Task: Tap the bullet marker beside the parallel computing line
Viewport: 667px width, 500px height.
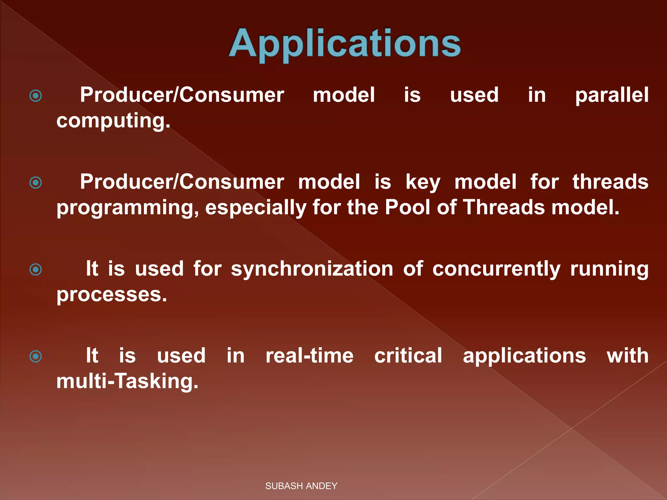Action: click(35, 96)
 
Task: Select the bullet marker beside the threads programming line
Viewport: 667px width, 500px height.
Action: click(35, 183)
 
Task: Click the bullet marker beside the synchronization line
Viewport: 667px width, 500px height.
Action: click(35, 270)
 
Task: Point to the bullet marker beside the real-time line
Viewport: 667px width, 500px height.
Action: click(35, 356)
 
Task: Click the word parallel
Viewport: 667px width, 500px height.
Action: click(612, 95)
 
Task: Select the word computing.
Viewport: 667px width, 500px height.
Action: click(113, 121)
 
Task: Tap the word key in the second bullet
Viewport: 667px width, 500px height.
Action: click(423, 182)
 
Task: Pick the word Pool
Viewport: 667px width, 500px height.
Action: click(407, 207)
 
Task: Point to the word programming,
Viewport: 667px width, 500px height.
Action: click(127, 208)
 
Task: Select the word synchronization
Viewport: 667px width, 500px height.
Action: click(312, 269)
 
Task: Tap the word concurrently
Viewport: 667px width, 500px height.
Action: click(496, 270)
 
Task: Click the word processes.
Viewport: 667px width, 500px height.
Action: click(112, 295)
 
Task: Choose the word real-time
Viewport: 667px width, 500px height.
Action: click(309, 355)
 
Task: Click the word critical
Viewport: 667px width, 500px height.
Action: click(408, 355)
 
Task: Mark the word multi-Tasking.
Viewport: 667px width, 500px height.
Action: click(127, 381)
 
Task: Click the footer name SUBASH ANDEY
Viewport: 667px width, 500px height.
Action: click(301, 486)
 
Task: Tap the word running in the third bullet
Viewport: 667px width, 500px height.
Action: click(609, 270)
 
